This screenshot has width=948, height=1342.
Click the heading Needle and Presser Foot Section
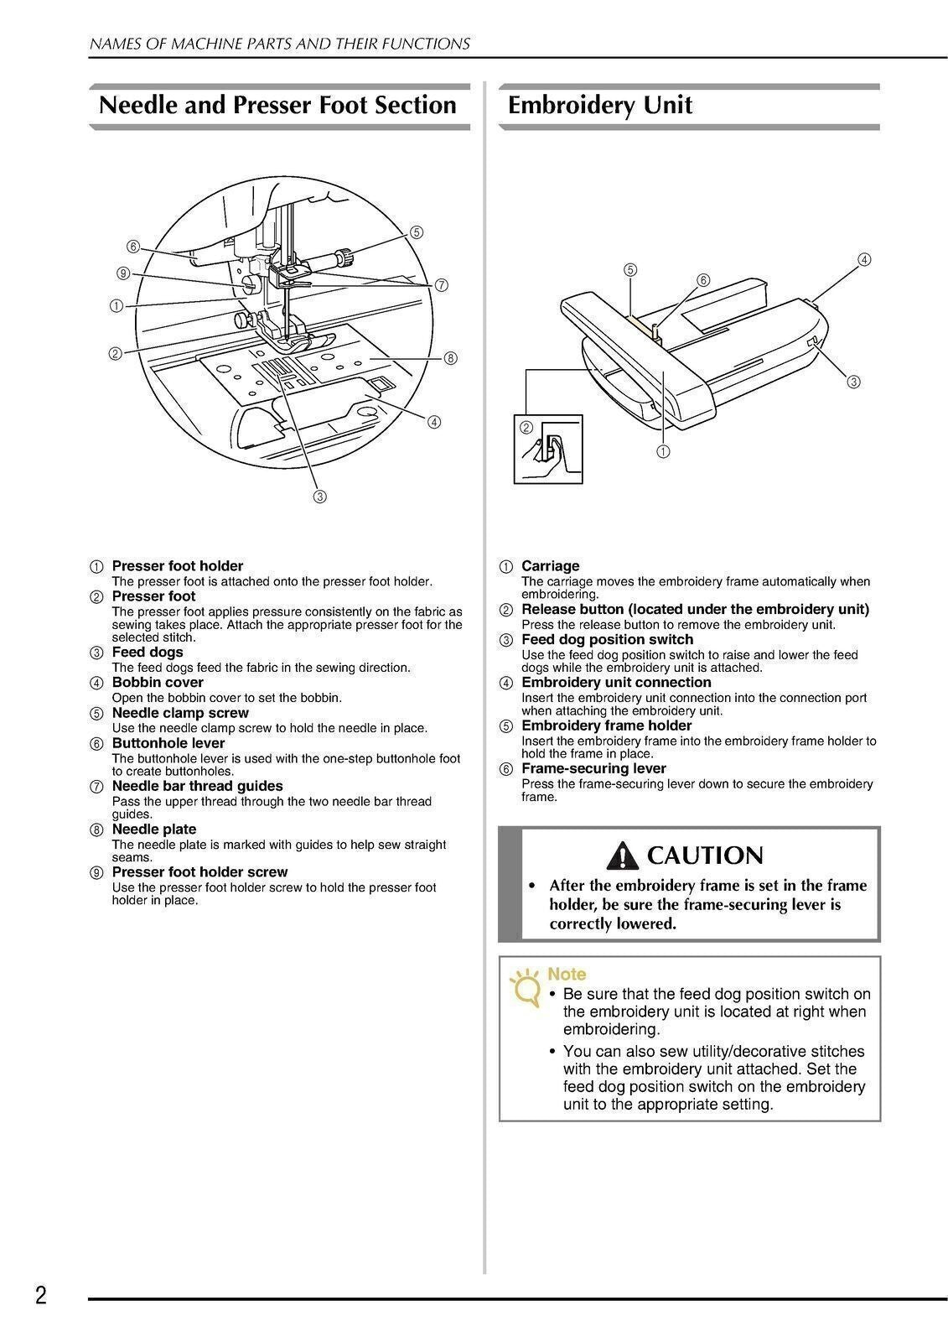(x=277, y=106)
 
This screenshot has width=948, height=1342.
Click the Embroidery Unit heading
(x=600, y=106)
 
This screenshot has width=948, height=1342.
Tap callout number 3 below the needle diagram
(x=319, y=497)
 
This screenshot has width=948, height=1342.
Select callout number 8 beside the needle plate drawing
(x=450, y=358)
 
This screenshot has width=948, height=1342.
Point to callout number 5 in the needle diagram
(x=417, y=232)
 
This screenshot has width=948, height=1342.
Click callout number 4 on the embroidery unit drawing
(x=864, y=259)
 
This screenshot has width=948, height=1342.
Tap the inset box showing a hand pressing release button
(x=547, y=448)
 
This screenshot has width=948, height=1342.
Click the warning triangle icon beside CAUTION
(x=625, y=856)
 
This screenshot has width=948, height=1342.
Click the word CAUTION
(x=706, y=856)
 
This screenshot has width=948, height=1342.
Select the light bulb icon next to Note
(x=526, y=988)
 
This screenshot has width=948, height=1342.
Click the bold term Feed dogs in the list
(x=148, y=653)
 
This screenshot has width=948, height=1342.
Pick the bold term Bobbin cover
(x=158, y=683)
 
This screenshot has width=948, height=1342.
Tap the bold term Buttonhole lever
(x=168, y=743)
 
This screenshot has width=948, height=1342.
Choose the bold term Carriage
(x=550, y=566)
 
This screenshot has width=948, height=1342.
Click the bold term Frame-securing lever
(x=593, y=768)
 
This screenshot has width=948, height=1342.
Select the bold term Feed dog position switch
(x=607, y=640)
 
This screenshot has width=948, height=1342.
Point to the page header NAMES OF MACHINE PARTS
(x=279, y=44)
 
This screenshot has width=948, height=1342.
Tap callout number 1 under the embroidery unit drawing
(x=663, y=451)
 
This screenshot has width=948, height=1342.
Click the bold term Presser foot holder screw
(x=199, y=872)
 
